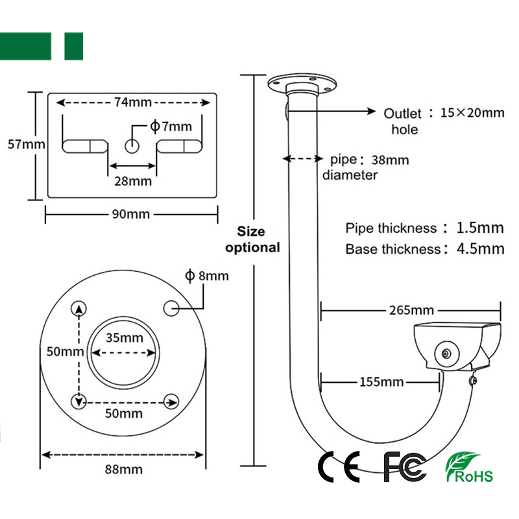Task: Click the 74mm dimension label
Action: [x=132, y=102]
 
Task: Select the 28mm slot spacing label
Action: [x=133, y=181]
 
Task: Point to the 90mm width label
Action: [x=132, y=214]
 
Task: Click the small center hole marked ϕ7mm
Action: [x=132, y=145]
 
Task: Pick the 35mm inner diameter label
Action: [x=124, y=338]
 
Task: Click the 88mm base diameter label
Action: [x=123, y=468]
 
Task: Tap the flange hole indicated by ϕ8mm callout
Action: [x=172, y=309]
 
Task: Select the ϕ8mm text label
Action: [x=207, y=276]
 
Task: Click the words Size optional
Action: [x=252, y=239]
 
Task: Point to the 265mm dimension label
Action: [x=411, y=310]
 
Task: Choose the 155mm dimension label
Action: [x=381, y=382]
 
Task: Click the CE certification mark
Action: [x=339, y=466]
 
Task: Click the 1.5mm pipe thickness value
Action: [x=480, y=228]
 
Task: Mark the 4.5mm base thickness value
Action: [x=480, y=248]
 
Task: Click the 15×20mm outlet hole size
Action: [x=472, y=112]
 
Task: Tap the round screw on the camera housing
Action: [x=446, y=353]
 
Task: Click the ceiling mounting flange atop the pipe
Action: [x=302, y=83]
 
